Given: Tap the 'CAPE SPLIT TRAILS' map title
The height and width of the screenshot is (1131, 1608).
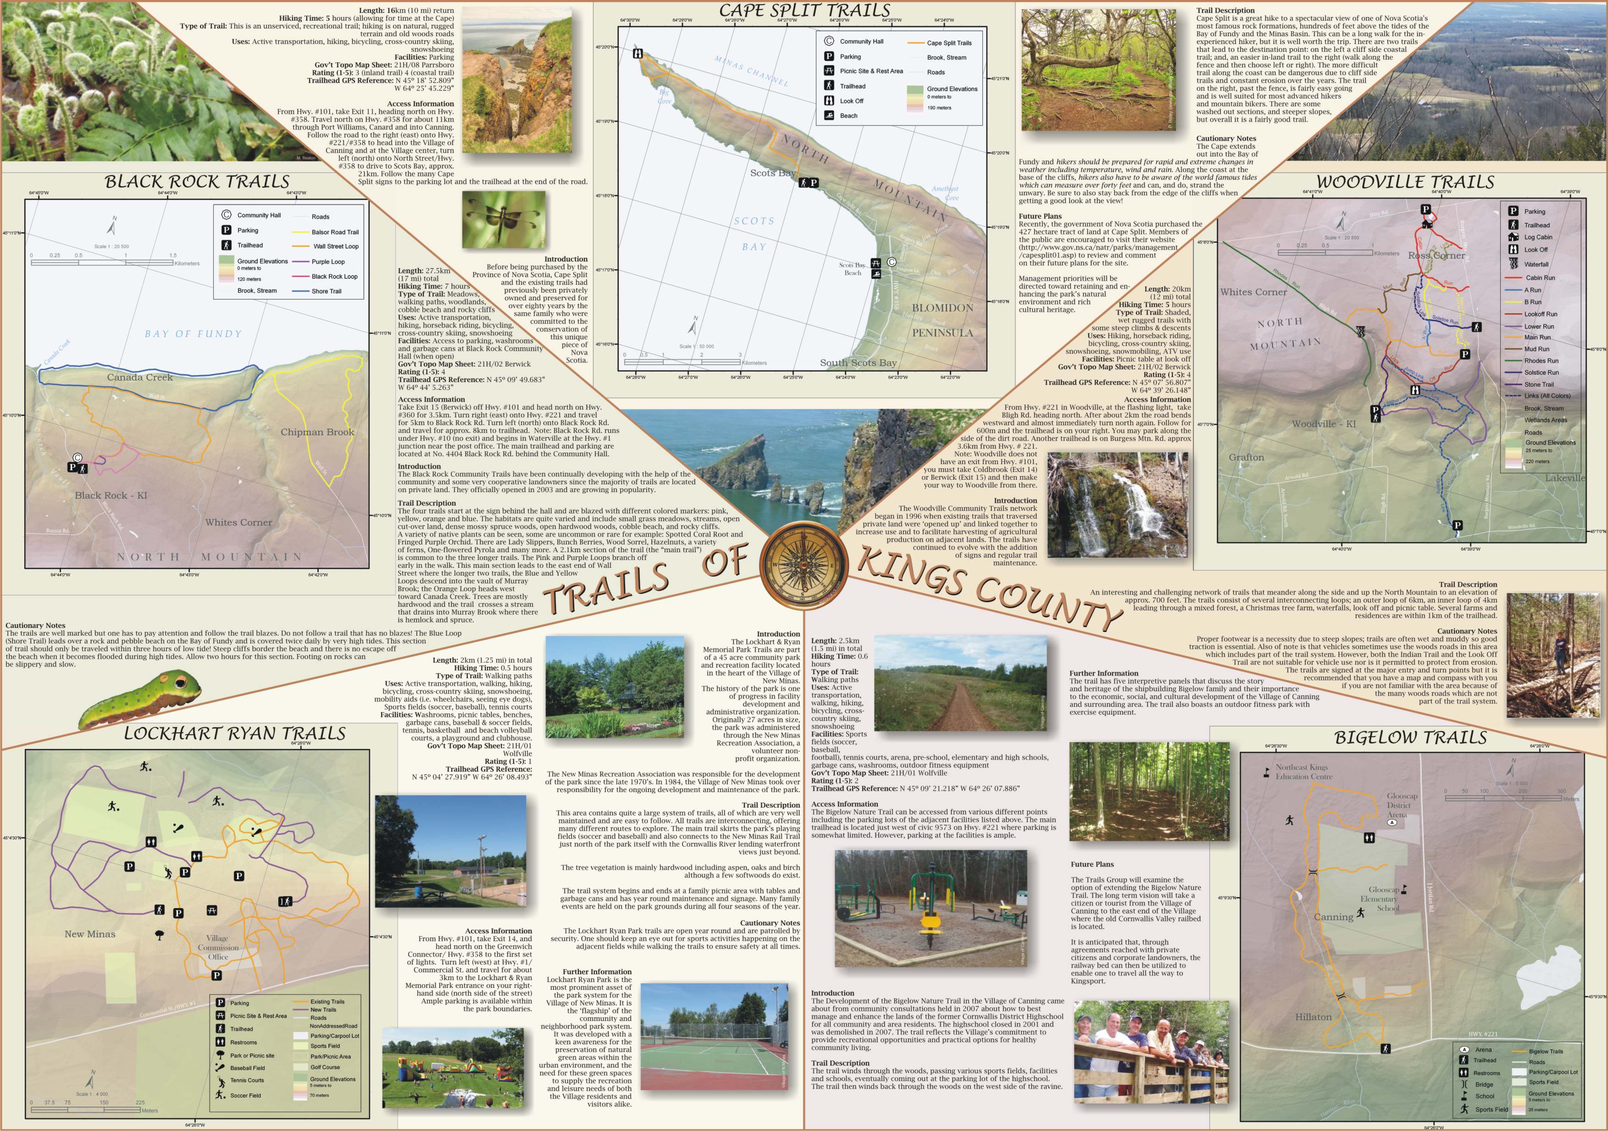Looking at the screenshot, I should tap(804, 11).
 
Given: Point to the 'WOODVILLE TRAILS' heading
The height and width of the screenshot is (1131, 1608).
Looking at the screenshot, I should tap(1405, 182).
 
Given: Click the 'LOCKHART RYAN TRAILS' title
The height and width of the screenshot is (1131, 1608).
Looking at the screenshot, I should tap(235, 734).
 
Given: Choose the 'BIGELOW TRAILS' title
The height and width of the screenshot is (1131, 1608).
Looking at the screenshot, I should tap(1410, 737).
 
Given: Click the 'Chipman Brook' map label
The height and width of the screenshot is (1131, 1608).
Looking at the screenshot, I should tap(317, 432).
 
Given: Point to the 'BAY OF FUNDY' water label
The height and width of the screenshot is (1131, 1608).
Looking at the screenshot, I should tap(193, 334).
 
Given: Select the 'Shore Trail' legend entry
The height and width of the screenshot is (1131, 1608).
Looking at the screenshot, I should tap(327, 291).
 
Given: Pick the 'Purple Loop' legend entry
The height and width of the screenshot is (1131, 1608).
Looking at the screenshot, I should tap(328, 262).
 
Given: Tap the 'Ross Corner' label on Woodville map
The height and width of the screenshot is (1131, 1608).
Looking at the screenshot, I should tap(1436, 255).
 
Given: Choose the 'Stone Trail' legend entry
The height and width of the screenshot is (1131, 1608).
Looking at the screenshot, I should tap(1539, 384).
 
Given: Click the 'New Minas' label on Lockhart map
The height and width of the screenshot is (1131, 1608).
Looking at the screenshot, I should tap(89, 934).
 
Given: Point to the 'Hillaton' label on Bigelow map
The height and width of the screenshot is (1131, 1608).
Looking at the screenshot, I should tap(1313, 1017).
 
